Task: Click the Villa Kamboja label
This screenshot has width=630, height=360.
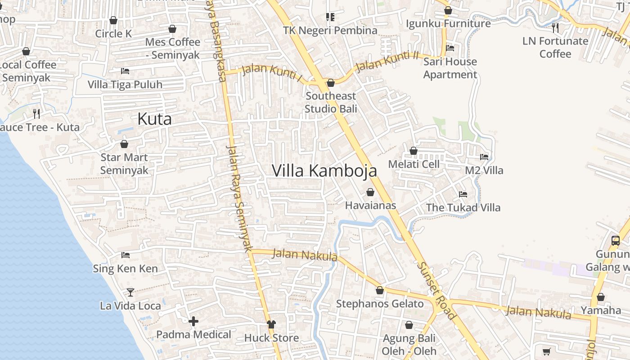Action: [324, 171]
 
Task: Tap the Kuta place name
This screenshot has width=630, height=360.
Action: [154, 119]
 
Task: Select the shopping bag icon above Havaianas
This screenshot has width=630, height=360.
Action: [370, 193]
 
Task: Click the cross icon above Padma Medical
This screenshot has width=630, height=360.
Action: [193, 321]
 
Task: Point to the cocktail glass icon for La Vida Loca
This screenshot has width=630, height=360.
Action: [130, 292]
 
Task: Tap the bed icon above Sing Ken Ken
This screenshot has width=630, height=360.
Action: [126, 255]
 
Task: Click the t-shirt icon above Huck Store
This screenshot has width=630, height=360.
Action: [271, 324]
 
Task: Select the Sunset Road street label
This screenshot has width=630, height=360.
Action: [436, 290]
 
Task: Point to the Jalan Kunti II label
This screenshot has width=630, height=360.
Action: [387, 62]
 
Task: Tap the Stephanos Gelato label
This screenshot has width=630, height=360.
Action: [380, 304]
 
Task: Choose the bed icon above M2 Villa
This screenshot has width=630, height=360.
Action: [484, 157]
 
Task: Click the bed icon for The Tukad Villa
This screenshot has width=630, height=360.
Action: [463, 194]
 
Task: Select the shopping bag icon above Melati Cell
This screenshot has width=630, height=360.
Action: [414, 151]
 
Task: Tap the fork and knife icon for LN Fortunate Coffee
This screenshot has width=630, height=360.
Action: [555, 28]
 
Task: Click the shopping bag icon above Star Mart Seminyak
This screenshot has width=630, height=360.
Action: [124, 144]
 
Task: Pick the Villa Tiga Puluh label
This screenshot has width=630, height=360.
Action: [125, 85]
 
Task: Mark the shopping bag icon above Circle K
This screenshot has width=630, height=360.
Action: [113, 20]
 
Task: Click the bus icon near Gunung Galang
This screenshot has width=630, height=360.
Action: [616, 241]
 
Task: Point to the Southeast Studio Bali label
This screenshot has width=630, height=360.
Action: [331, 102]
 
